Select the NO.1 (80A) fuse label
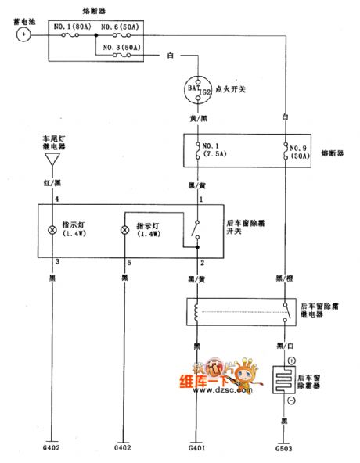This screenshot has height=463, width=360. click(75, 27)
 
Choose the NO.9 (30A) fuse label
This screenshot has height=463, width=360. click(301, 151)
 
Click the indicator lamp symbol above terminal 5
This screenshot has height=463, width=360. click(123, 231)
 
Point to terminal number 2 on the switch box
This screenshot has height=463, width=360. click(201, 264)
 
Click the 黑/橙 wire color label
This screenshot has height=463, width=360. click(285, 277)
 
